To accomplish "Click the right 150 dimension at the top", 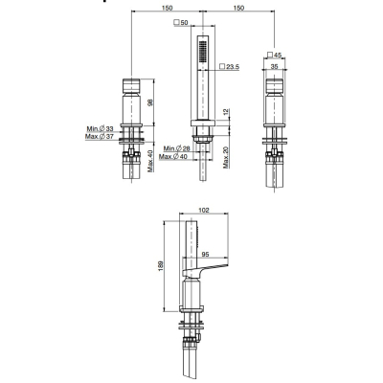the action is [238, 8].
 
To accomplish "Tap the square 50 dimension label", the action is [181, 23].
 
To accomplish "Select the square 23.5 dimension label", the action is [230, 67].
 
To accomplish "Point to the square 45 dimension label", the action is [274, 55].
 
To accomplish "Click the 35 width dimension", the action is [274, 66].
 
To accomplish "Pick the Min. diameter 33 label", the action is [100, 129].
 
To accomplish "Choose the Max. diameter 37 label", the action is [100, 137].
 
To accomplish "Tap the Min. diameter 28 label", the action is [176, 148].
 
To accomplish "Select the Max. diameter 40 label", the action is [174, 156].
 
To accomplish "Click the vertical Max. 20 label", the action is [226, 157].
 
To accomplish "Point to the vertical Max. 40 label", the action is [150, 161].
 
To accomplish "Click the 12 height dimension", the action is [226, 112].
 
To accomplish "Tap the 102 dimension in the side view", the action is [204, 210].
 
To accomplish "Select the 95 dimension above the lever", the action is [205, 255].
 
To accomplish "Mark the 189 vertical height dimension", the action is [161, 266].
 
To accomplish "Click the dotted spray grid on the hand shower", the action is [202, 52].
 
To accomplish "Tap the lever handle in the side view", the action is [205, 269].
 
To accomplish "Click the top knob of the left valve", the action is [131, 85].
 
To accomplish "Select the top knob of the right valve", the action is [275, 85].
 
